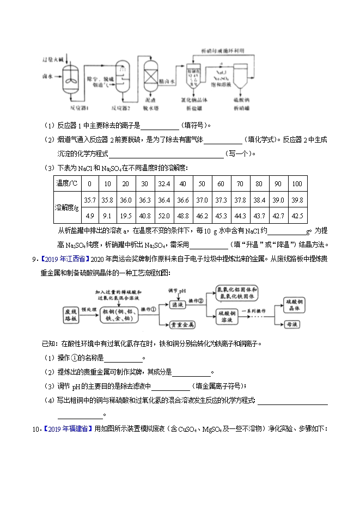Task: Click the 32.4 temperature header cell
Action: tap(163, 183)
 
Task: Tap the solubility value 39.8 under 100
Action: tap(297, 200)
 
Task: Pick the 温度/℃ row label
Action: tap(67, 183)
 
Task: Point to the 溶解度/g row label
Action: tap(67, 207)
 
